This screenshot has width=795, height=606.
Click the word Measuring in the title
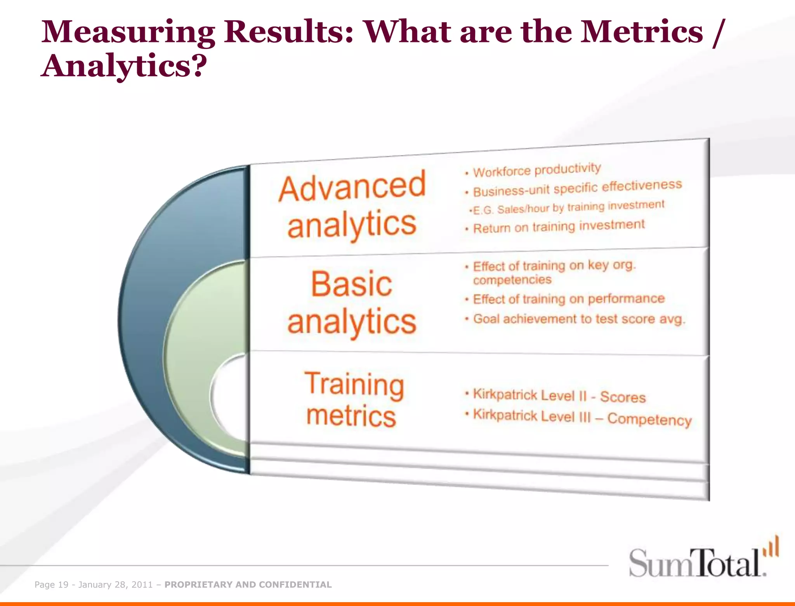click(128, 33)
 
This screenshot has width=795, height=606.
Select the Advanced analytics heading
click(352, 206)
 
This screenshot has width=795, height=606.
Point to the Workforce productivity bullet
click(536, 170)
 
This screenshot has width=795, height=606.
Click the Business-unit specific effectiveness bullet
click(577, 188)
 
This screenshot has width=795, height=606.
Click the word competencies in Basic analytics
click(512, 280)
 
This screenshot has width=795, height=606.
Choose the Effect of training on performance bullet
click(568, 299)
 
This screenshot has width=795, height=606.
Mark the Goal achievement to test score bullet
click(578, 319)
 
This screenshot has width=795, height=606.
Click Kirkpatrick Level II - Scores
click(559, 396)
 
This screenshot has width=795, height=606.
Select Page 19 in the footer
click(51, 585)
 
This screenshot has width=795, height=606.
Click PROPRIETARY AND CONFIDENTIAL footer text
click(248, 585)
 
